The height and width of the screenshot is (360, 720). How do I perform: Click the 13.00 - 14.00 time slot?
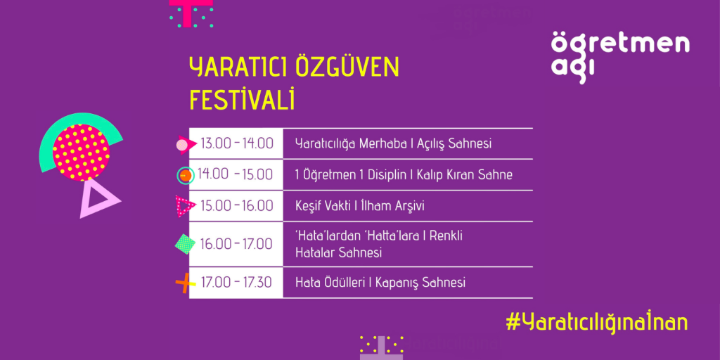tap(237, 143)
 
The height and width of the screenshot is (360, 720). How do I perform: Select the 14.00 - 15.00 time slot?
tap(236, 174)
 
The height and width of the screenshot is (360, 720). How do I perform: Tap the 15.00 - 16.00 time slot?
tap(237, 206)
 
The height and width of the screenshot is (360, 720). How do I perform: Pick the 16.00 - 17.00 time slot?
tap(236, 243)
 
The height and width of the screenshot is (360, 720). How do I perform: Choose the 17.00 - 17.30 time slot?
tap(236, 282)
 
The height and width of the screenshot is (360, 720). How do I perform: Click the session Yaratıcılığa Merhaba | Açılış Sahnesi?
tap(394, 143)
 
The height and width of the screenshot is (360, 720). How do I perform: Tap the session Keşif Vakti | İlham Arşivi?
tap(360, 206)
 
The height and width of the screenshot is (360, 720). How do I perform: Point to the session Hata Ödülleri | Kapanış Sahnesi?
tap(380, 282)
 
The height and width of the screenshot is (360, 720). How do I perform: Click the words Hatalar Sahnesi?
tap(339, 252)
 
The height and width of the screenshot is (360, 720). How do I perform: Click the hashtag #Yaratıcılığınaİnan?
tap(596, 322)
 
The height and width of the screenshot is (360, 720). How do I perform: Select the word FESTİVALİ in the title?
tap(242, 100)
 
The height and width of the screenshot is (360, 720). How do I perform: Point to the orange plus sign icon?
tap(185, 283)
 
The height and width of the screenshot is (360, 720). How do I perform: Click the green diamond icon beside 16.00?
tap(185, 244)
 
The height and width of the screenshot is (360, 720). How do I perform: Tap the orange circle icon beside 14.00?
tap(186, 175)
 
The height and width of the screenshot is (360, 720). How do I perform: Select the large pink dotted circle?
tap(82, 152)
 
